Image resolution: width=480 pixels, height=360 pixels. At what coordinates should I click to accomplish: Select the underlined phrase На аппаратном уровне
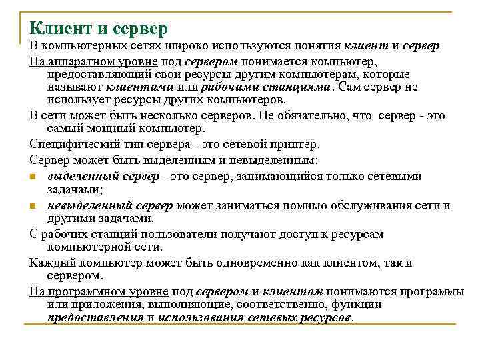pos(85,61)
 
